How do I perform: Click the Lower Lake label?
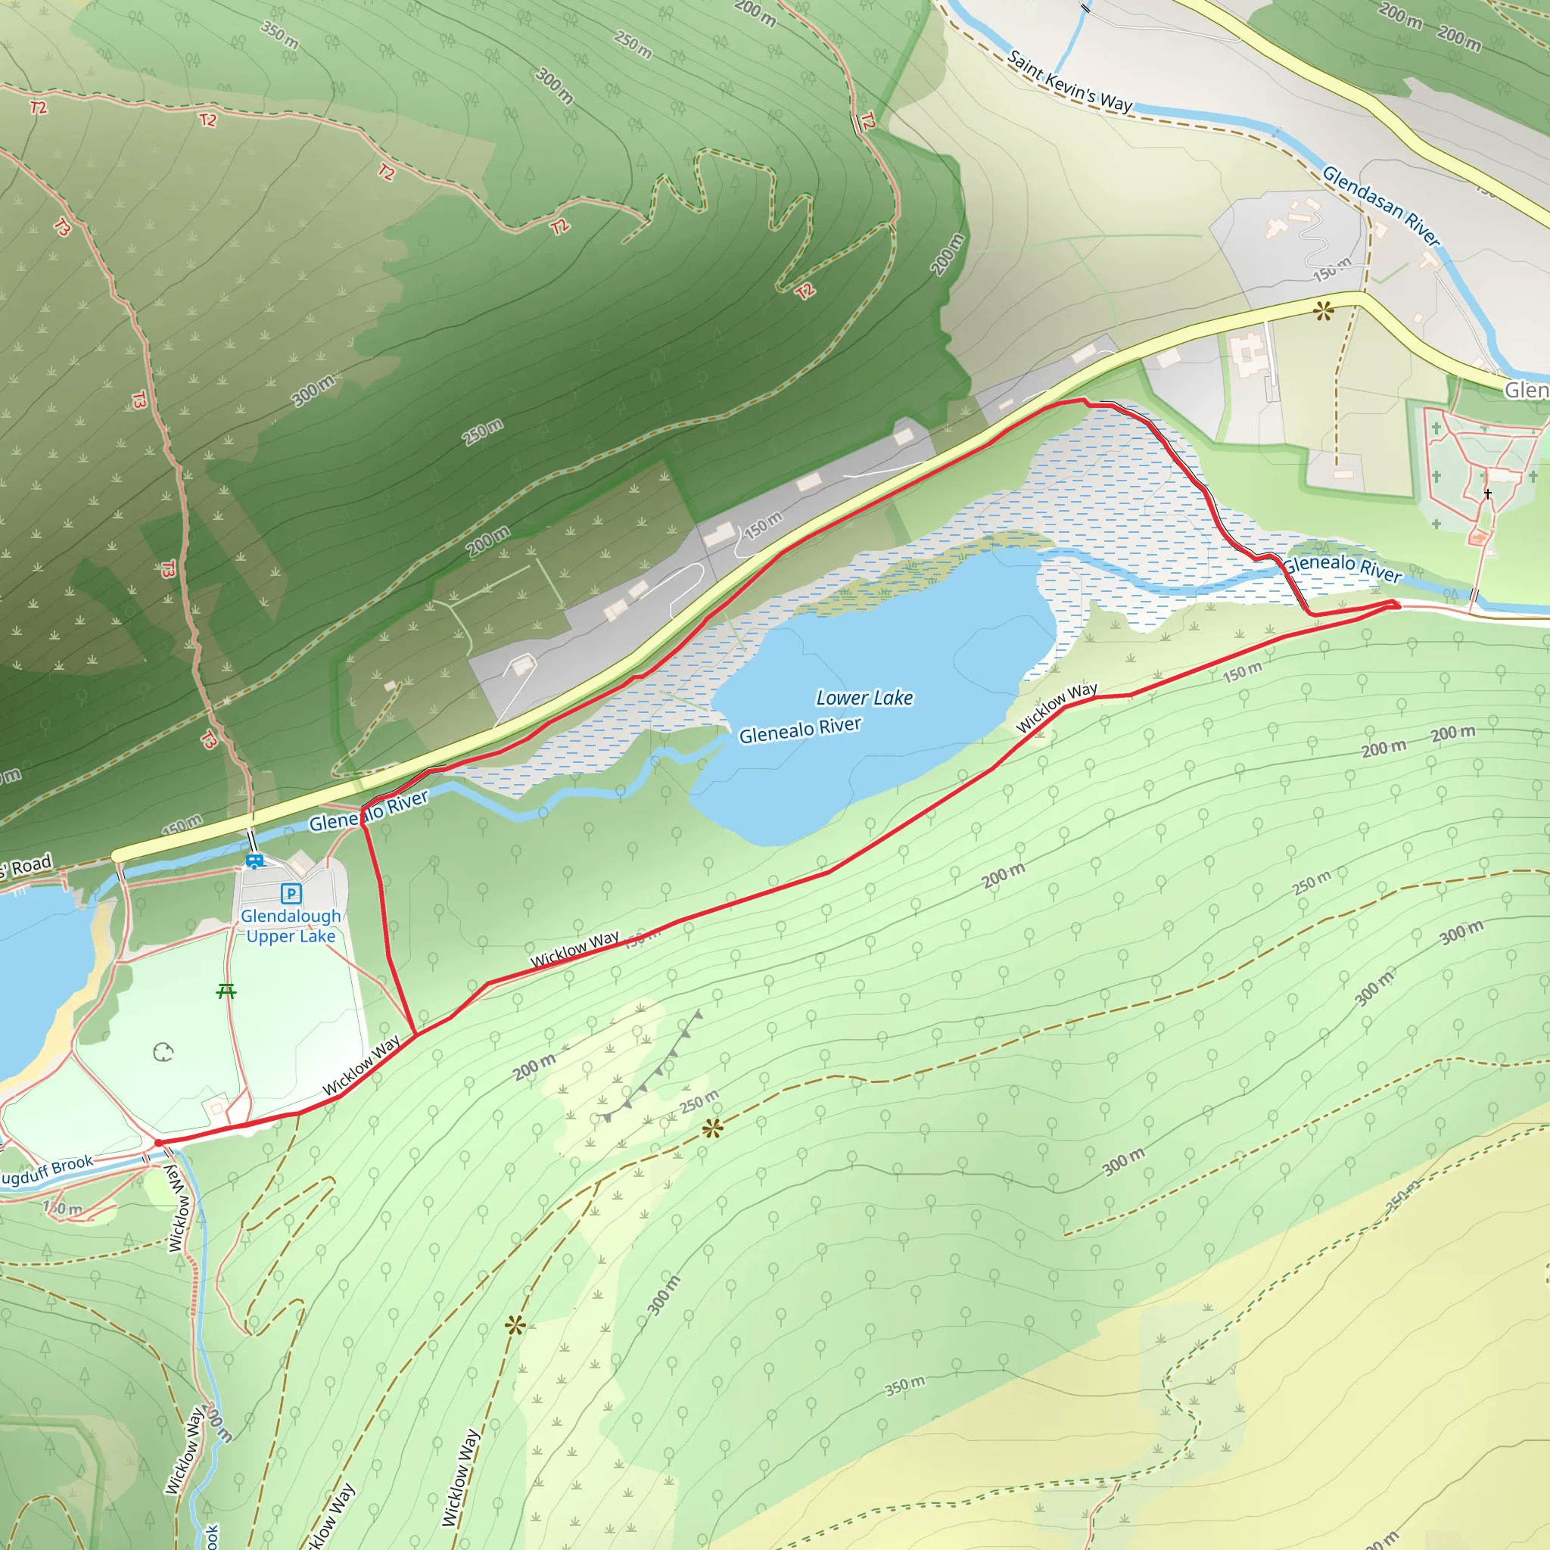(864, 698)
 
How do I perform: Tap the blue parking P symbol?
(291, 893)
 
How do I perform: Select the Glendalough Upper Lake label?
(291, 926)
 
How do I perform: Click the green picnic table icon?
(226, 991)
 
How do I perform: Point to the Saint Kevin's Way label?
(1069, 82)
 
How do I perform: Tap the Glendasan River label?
(1380, 205)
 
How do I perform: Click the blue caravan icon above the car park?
(255, 861)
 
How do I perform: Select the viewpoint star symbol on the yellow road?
(1323, 310)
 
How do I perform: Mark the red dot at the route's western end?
(158, 1142)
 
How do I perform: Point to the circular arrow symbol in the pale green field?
(163, 1052)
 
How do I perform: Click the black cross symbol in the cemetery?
(1487, 493)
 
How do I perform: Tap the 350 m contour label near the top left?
(280, 35)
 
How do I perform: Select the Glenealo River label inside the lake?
(799, 730)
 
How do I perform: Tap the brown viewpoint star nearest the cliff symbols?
(711, 1128)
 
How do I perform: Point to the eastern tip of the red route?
(1397, 605)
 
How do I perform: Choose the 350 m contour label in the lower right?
(905, 1385)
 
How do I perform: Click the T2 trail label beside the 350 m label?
(209, 120)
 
